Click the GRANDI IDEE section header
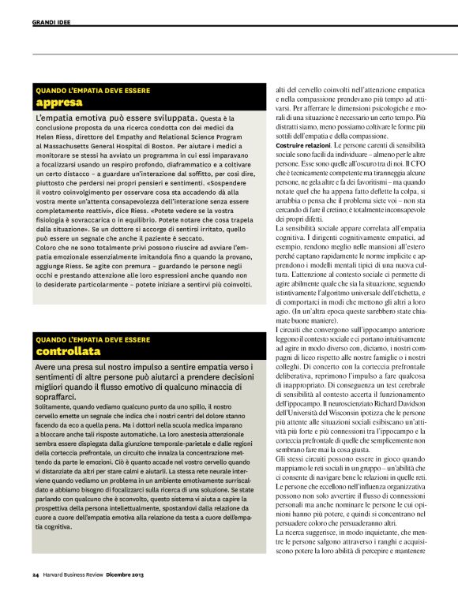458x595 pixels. coord(51,22)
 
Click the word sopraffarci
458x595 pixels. coord(61,391)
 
